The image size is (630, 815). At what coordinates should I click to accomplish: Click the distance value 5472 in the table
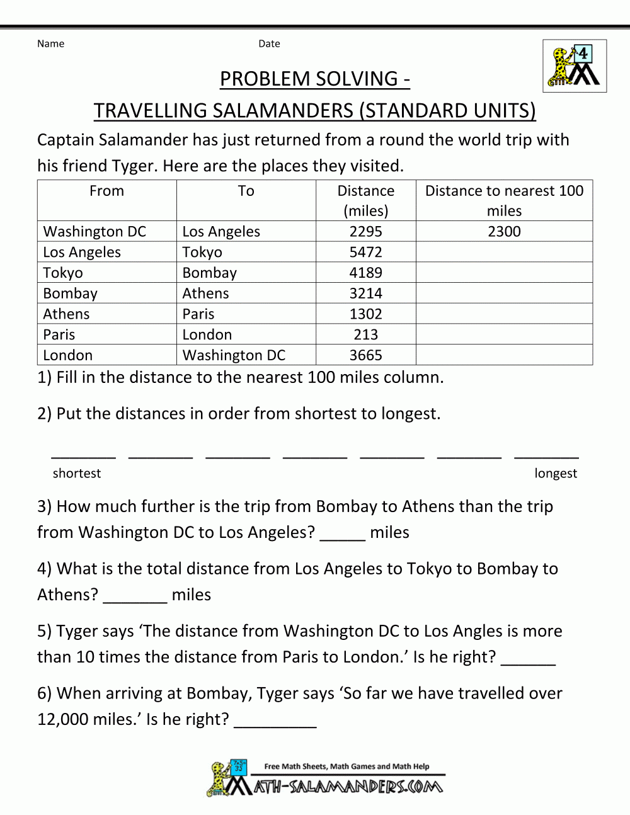(x=365, y=252)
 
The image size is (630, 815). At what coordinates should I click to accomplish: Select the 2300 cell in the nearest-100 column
(x=504, y=231)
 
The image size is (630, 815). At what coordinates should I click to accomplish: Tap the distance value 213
(x=365, y=334)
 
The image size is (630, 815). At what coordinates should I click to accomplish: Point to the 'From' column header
(x=106, y=191)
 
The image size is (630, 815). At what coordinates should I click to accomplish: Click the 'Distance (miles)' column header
(x=365, y=200)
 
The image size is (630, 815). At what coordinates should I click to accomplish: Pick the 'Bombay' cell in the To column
(x=209, y=273)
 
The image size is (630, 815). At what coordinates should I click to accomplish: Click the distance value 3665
(x=365, y=355)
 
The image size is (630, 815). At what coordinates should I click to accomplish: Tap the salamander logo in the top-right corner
(x=574, y=66)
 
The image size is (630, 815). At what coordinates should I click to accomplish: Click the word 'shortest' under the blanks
(x=77, y=473)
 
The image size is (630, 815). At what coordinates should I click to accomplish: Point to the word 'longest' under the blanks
(x=556, y=473)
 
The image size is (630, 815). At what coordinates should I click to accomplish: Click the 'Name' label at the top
(x=50, y=43)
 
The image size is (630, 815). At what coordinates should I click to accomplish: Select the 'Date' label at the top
(x=269, y=43)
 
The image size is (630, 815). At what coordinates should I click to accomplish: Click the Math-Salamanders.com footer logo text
(x=348, y=787)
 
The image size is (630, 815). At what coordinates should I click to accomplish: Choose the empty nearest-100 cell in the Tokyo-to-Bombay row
(x=504, y=273)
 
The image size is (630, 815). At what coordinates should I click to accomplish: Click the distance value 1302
(x=365, y=314)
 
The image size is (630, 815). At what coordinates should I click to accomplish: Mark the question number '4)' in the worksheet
(x=45, y=569)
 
